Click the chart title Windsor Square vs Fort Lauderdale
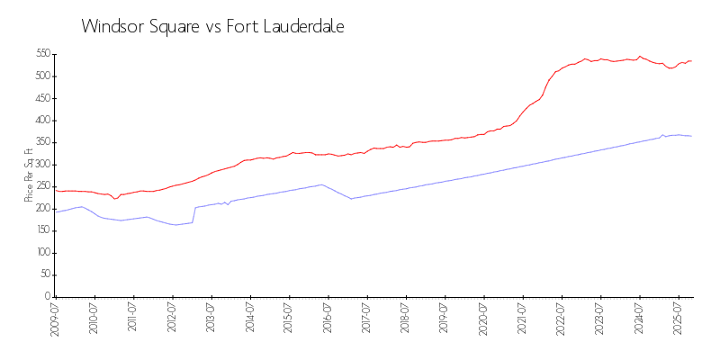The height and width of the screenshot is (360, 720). pyautogui.click(x=212, y=27)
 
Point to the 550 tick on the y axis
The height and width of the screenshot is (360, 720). pyautogui.click(x=41, y=54)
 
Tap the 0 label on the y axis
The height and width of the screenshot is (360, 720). pyautogui.click(x=48, y=296)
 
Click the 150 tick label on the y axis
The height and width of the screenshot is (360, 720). pyautogui.click(x=41, y=230)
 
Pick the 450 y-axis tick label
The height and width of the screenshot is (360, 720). pyautogui.click(x=41, y=98)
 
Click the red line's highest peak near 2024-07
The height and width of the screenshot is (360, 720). pyautogui.click(x=640, y=56)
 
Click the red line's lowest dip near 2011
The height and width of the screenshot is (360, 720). pyautogui.click(x=114, y=199)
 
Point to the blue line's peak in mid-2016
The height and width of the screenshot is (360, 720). pyautogui.click(x=321, y=184)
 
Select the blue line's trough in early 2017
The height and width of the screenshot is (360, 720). pyautogui.click(x=351, y=199)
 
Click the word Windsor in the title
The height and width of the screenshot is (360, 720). pyautogui.click(x=112, y=27)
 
